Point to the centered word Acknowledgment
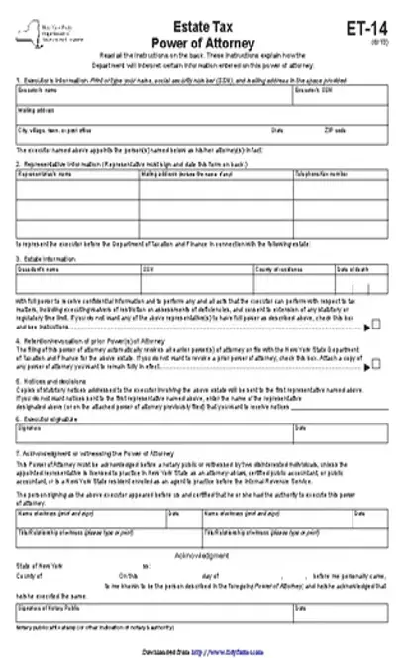click(x=202, y=556)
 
